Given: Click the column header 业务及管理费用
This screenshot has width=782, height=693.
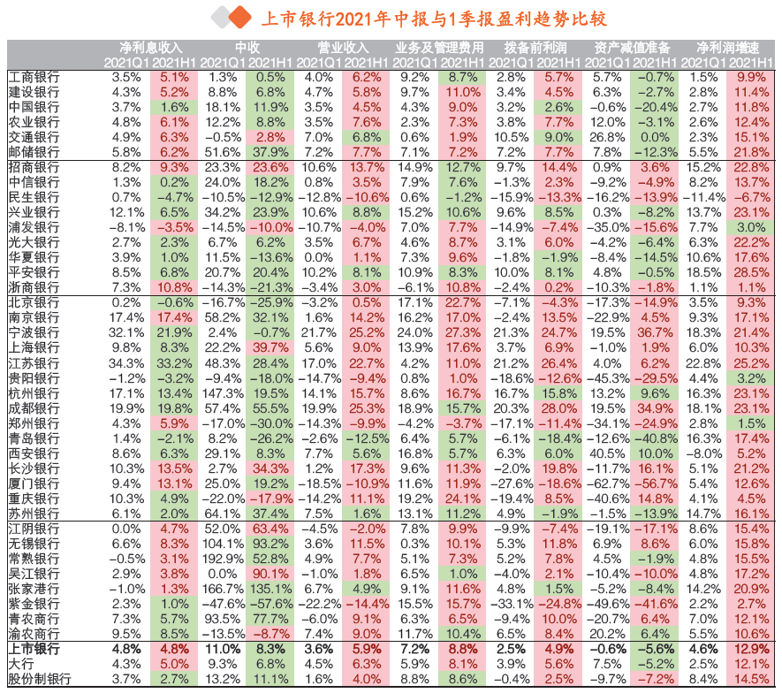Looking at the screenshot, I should pos(440,47).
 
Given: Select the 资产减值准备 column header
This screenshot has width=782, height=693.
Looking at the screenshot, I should pos(632,47).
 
